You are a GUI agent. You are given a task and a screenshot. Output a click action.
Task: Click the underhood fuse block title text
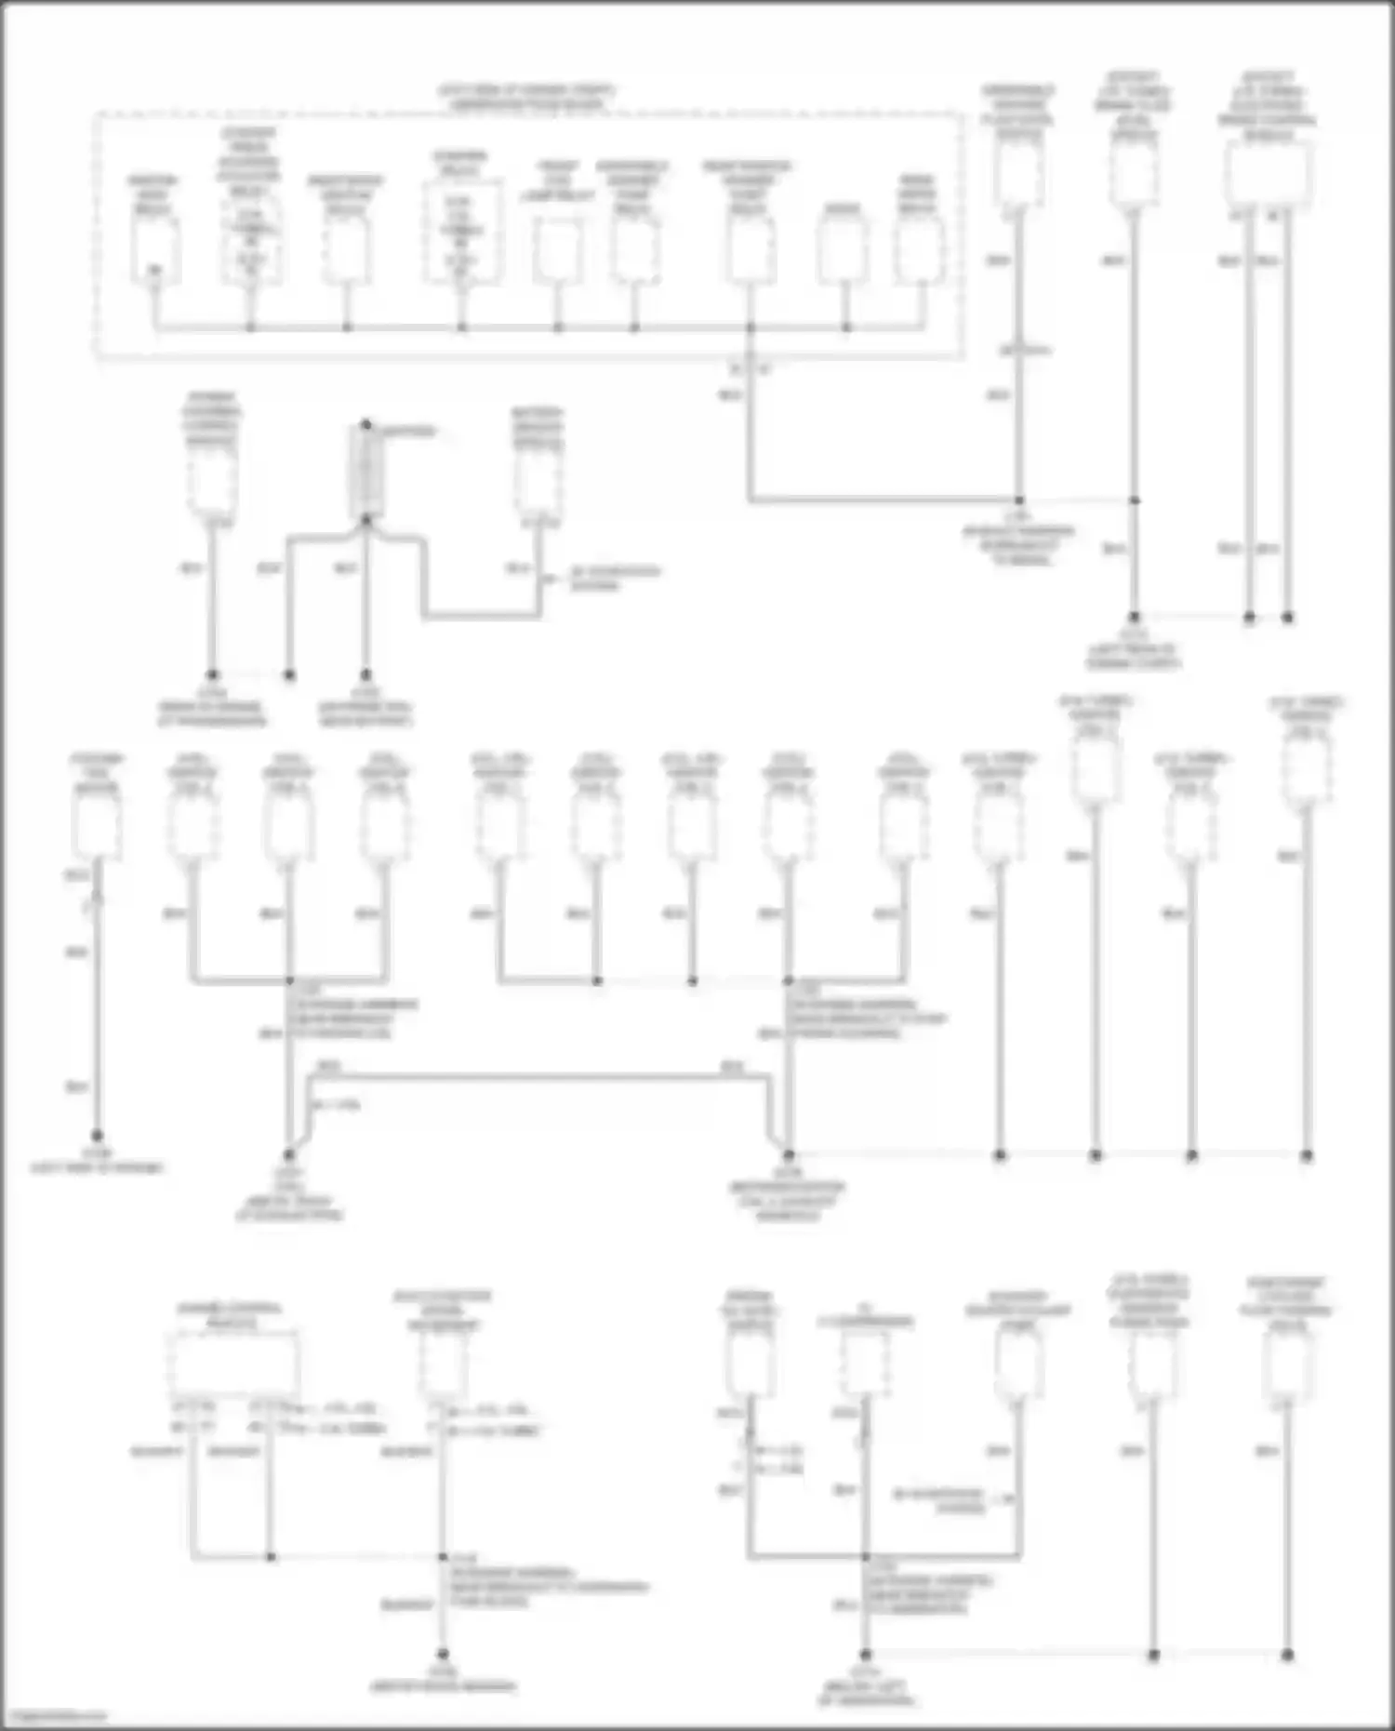coord(526,98)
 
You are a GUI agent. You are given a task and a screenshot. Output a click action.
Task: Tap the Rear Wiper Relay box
coord(919,252)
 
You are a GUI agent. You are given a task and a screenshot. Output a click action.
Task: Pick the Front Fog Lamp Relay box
coord(558,252)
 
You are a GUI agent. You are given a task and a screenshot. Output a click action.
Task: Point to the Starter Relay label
coord(459,164)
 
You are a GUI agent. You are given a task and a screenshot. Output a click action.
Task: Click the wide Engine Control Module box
coord(232,1364)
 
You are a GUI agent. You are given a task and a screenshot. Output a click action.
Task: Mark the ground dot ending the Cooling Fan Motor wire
coord(97,1136)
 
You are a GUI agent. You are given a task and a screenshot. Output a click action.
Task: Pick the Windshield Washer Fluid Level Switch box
coord(1018,173)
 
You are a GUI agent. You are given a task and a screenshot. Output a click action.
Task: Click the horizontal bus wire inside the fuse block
coord(539,327)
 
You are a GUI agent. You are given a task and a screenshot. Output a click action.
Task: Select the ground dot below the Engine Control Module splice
coord(443,1654)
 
